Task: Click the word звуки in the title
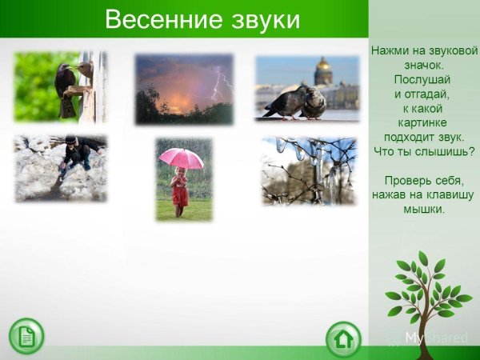pyautogui.click(x=258, y=18)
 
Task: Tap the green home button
pyautogui.click(x=343, y=338)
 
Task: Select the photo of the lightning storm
pyautogui.click(x=184, y=89)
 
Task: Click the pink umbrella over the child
pyautogui.click(x=182, y=157)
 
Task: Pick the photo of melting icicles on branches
pyautogui.click(x=309, y=170)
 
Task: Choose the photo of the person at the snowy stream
pyautogui.click(x=60, y=168)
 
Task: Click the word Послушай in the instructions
pyautogui.click(x=422, y=79)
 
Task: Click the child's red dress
pyautogui.click(x=180, y=192)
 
